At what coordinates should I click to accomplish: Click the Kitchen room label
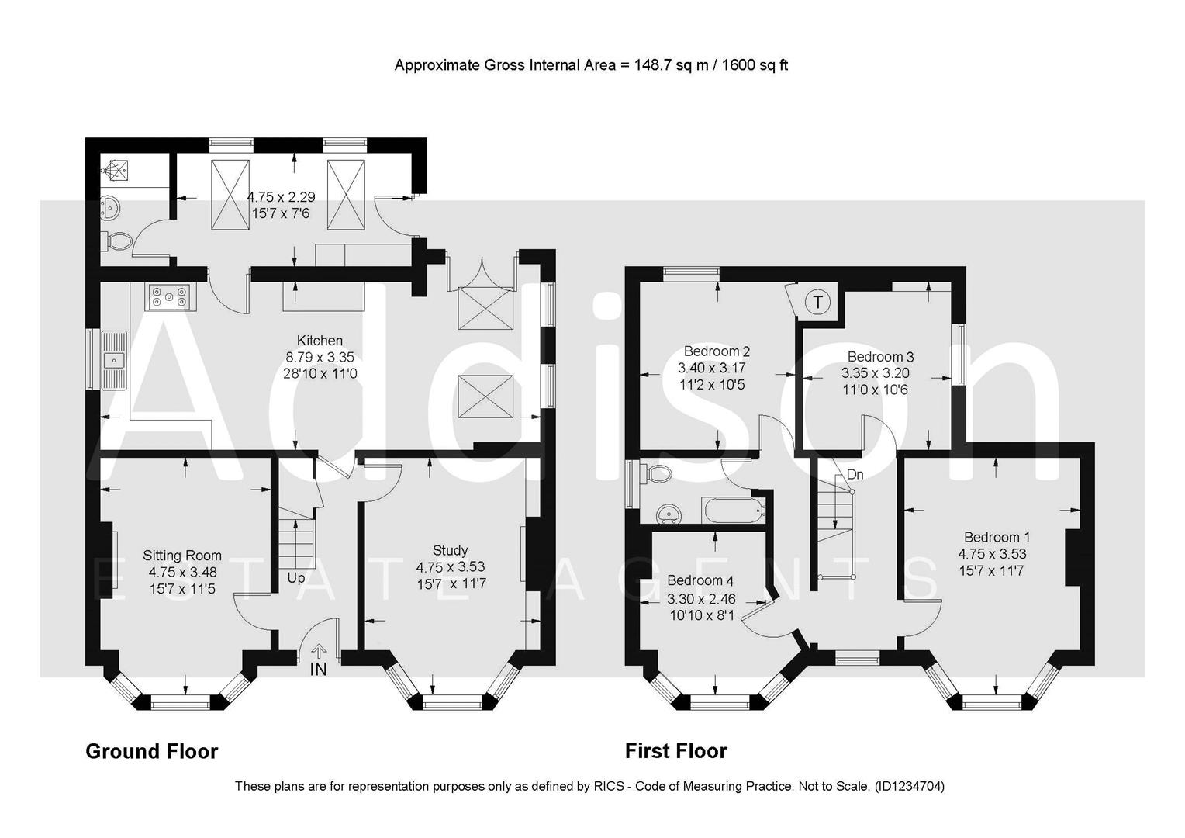point(320,341)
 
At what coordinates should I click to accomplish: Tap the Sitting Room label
point(182,556)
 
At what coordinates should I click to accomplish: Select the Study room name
point(450,551)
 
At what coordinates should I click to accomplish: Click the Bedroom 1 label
point(997,537)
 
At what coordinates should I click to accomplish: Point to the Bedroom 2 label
point(717,351)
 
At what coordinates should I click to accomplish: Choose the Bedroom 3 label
point(880,357)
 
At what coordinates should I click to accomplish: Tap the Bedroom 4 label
point(700,581)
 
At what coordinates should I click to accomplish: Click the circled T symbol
point(817,301)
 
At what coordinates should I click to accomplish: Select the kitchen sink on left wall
point(115,360)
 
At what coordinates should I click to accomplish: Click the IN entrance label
point(318,669)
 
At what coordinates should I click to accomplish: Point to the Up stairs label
point(296,578)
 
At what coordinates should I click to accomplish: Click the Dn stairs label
point(855,474)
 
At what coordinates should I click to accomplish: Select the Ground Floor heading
point(151,751)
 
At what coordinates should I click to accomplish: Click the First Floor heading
point(675,751)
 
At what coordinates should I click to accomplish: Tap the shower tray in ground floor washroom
point(116,170)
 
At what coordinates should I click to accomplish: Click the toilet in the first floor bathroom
point(659,473)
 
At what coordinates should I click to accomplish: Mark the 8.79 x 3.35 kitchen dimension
point(320,358)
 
